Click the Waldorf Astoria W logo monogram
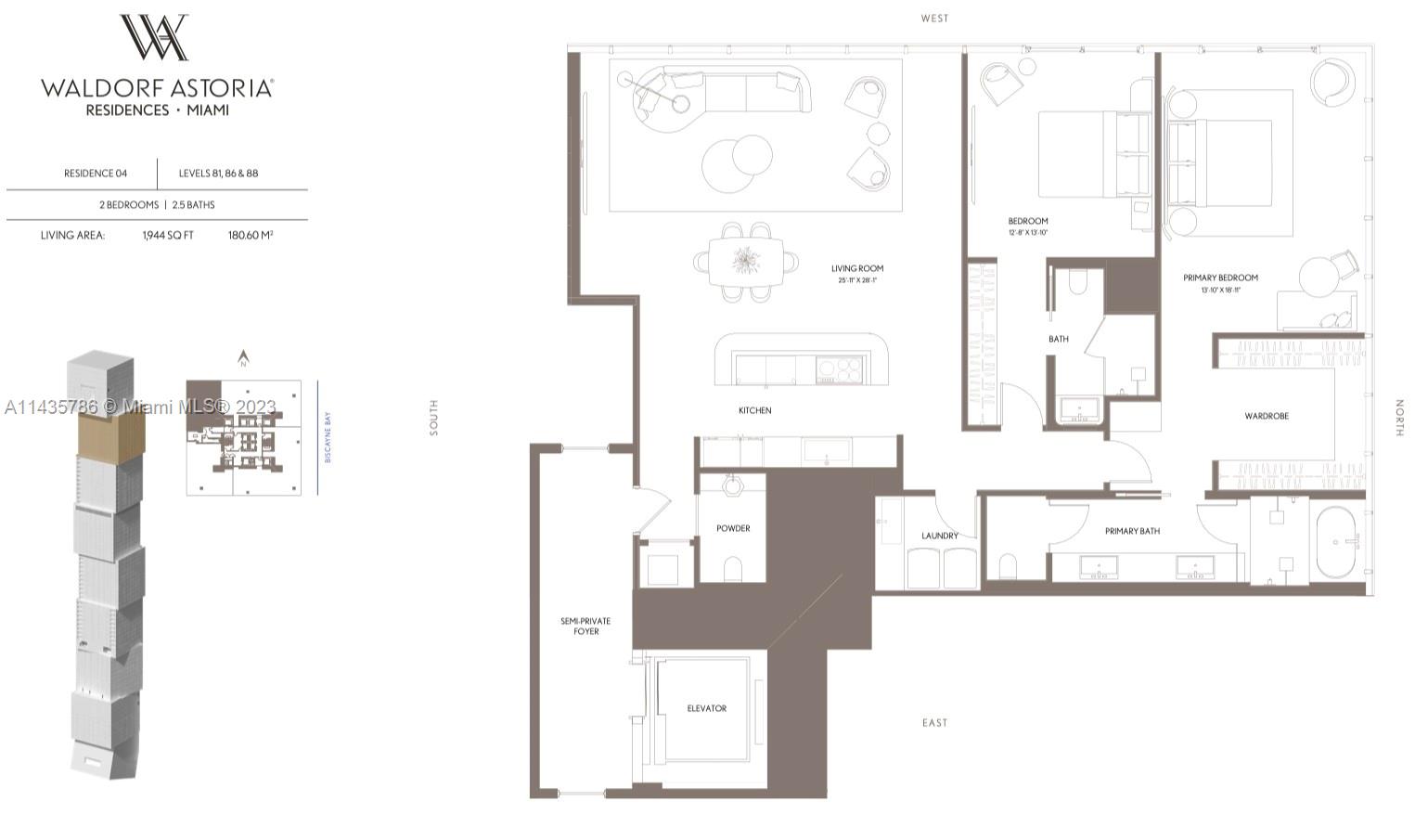(155, 38)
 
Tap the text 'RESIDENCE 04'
(96, 174)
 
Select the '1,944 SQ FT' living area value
(168, 236)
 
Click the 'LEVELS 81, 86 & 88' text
(218, 174)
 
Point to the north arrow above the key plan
(243, 358)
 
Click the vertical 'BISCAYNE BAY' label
(328, 437)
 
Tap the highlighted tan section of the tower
(110, 433)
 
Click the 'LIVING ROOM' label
(856, 268)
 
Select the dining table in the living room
(745, 263)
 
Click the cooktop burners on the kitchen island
(839, 369)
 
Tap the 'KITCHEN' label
(754, 410)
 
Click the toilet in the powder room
(732, 568)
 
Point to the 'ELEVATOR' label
(706, 708)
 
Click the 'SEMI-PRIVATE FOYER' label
(585, 627)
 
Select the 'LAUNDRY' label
(939, 536)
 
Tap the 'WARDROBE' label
(1266, 416)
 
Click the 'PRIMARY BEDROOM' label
(1220, 278)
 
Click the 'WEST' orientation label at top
(934, 19)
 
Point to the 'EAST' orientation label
(934, 722)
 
